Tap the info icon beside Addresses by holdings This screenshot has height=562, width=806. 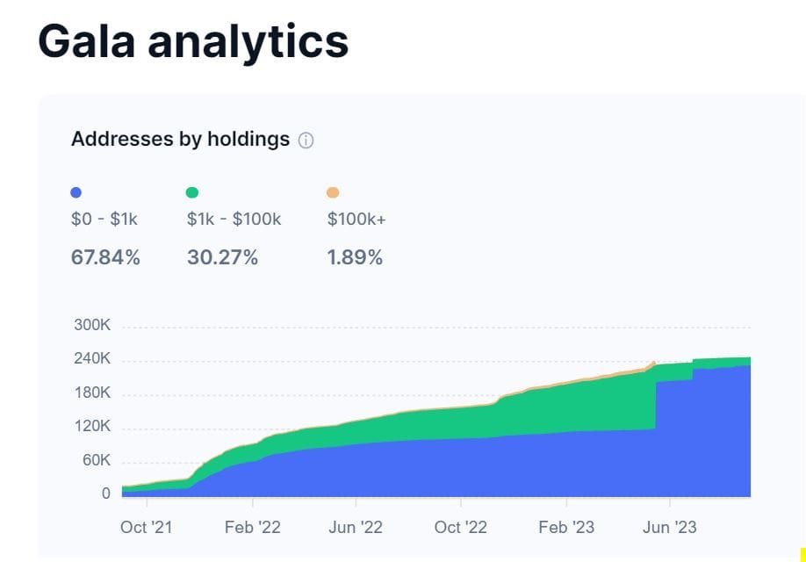(x=306, y=140)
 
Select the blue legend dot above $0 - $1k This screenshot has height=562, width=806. (x=76, y=192)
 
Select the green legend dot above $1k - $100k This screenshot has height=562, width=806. (x=192, y=192)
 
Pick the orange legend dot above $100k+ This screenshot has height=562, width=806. (x=333, y=192)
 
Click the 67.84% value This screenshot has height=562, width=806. (x=105, y=257)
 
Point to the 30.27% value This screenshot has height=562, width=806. (x=222, y=257)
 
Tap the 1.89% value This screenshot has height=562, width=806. (x=355, y=257)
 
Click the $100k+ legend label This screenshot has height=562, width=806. (x=356, y=220)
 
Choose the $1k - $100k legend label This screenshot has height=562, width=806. (x=234, y=220)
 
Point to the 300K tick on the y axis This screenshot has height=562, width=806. (x=92, y=325)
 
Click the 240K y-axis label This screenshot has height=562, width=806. (x=92, y=359)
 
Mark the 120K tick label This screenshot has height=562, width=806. (x=92, y=426)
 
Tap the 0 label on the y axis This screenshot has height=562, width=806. (x=105, y=494)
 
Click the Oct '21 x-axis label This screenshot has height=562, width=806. (x=147, y=527)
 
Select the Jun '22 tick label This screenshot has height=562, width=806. (x=356, y=527)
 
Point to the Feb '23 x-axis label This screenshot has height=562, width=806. (x=566, y=527)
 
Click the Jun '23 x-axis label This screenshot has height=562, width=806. (x=670, y=527)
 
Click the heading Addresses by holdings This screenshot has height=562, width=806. (x=180, y=139)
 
